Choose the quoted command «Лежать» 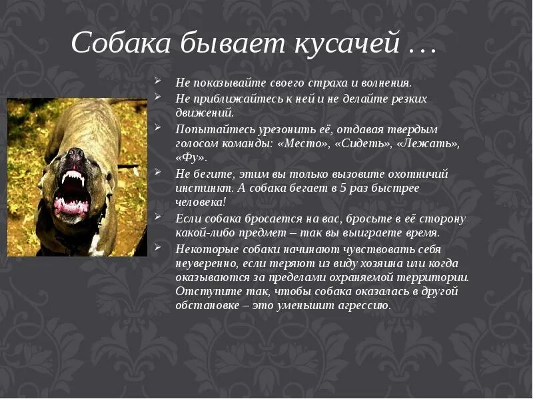click(428, 143)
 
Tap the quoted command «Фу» click(191, 158)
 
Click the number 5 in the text click(344, 188)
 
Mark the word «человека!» click(201, 202)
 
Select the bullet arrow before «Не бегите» click(159, 172)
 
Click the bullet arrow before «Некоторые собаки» click(159, 247)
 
